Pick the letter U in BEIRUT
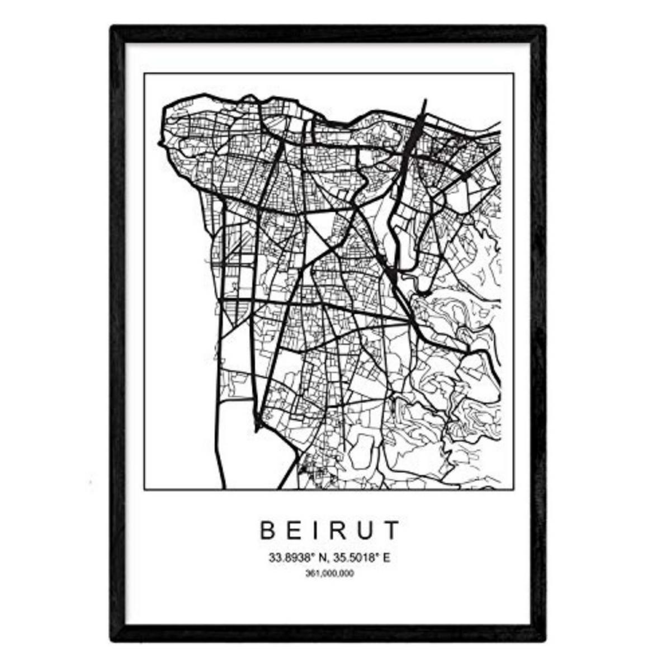pos(367,530)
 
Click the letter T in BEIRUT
pos(393,530)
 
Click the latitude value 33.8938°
pos(291,557)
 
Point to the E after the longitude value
pos(385,557)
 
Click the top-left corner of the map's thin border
pos(144,74)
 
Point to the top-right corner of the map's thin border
pos(513,74)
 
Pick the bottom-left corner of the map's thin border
pos(144,490)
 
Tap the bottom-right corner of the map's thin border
pos(513,490)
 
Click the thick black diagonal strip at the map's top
pos(417,126)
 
